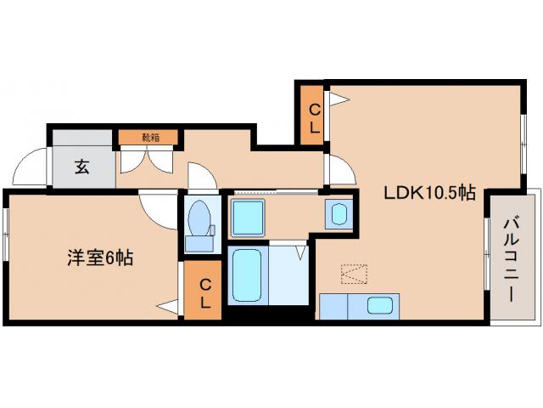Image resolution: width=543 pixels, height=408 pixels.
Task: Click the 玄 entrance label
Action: pyautogui.click(x=81, y=167)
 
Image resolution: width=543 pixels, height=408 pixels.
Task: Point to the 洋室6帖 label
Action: pyautogui.click(x=100, y=256)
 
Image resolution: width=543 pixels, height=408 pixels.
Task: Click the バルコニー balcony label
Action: pyautogui.click(x=511, y=258)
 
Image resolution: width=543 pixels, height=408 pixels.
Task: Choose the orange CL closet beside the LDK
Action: pyautogui.click(x=312, y=117)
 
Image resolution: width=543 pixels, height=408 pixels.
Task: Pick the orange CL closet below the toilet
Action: pyautogui.click(x=204, y=292)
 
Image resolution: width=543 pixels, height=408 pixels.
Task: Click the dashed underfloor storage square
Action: pyautogui.click(x=353, y=274)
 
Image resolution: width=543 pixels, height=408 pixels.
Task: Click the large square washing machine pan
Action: pyautogui.click(x=249, y=219)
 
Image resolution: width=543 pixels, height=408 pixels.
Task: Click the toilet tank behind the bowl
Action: pyautogui.click(x=201, y=244)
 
